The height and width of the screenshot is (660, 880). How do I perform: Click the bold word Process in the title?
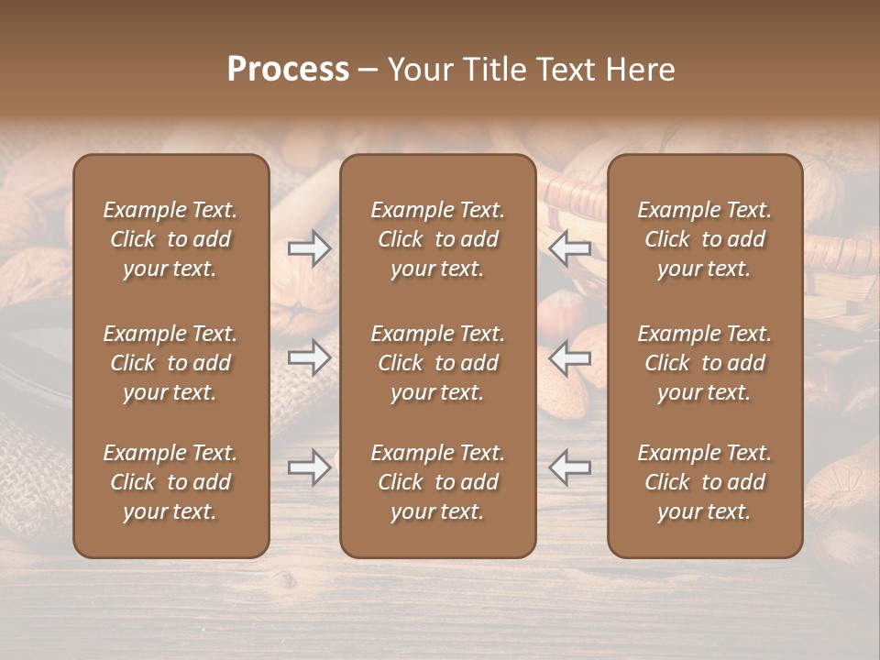288,70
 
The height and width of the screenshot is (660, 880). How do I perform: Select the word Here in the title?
641,70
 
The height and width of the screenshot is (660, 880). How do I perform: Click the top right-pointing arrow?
310,248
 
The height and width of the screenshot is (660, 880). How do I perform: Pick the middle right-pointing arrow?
310,357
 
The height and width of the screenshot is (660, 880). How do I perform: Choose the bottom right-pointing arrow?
310,467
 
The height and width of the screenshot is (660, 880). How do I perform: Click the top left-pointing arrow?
570,248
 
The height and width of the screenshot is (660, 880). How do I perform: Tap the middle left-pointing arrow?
570,357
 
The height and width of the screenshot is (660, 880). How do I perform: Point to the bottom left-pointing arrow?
570,467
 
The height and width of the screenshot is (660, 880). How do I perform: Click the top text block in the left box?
170,239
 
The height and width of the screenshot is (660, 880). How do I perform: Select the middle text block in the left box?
170,363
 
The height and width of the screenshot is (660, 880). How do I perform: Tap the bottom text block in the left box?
170,482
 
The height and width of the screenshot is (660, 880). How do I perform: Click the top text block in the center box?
438,239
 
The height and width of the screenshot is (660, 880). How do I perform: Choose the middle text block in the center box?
438,363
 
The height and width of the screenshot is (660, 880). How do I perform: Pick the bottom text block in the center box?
438,482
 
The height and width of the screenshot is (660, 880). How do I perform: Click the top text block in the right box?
705,239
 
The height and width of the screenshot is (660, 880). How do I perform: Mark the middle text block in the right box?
705,363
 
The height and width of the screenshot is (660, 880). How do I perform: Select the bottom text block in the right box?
705,482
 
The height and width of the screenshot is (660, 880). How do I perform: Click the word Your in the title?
418,70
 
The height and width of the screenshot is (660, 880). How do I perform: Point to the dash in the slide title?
368,71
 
